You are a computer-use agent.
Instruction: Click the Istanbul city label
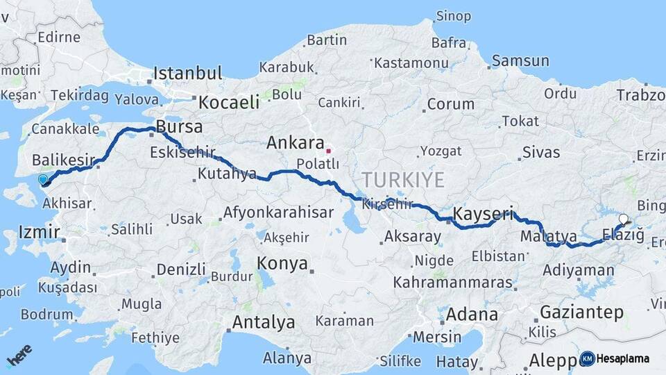pyautogui.click(x=187, y=73)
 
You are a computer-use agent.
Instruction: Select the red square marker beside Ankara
pyautogui.click(x=329, y=150)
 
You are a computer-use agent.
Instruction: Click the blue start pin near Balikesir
pyautogui.click(x=44, y=180)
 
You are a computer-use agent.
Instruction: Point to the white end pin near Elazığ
pyautogui.click(x=623, y=219)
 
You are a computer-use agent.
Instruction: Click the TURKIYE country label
pyautogui.click(x=403, y=179)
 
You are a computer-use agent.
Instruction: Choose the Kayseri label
pyautogui.click(x=483, y=212)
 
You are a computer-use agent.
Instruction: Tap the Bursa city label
pyautogui.click(x=179, y=127)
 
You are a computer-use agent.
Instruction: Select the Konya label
pyautogui.click(x=282, y=263)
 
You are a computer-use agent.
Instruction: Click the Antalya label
pyautogui.click(x=263, y=322)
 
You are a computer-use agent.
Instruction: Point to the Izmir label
pyautogui.click(x=39, y=232)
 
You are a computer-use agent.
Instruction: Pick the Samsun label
pyautogui.click(x=520, y=61)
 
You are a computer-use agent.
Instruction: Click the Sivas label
pyautogui.click(x=540, y=152)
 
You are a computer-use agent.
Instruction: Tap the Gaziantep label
pyautogui.click(x=581, y=312)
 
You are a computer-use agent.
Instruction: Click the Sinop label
pyautogui.click(x=453, y=16)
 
